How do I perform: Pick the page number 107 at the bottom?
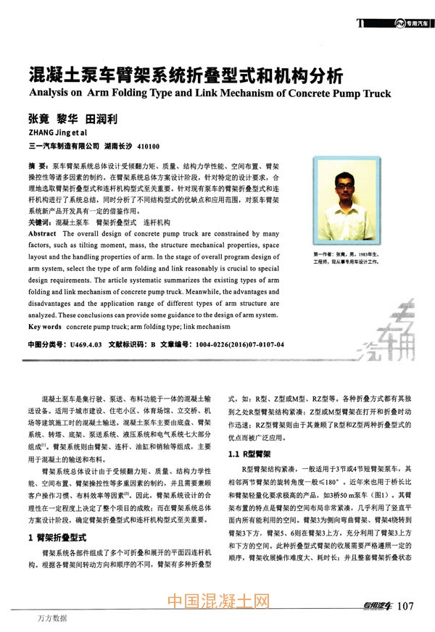tap(407, 606)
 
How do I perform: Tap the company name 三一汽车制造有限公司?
tap(70, 146)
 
